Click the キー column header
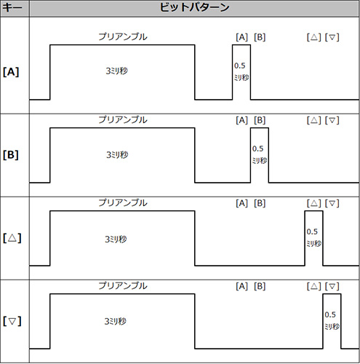(x=12, y=7)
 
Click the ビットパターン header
(x=194, y=7)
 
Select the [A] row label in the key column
(x=11, y=72)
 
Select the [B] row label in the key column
(x=11, y=155)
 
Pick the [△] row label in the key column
(x=12, y=238)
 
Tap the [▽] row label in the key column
(x=12, y=321)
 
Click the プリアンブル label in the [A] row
(x=123, y=36)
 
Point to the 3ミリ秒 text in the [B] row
(x=117, y=154)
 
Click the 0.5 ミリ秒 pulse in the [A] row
(x=241, y=72)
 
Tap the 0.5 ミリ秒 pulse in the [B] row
(x=260, y=155)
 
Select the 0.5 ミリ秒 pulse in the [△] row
(x=313, y=238)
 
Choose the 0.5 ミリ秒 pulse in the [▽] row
(x=332, y=321)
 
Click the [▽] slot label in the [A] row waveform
(x=332, y=37)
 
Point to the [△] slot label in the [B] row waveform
(x=314, y=120)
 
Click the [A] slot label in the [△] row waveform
(x=242, y=203)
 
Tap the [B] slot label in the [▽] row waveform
(x=260, y=286)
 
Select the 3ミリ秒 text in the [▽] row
(x=116, y=321)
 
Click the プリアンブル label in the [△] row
(x=123, y=202)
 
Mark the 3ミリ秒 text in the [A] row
(x=116, y=71)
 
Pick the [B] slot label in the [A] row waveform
(x=260, y=37)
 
